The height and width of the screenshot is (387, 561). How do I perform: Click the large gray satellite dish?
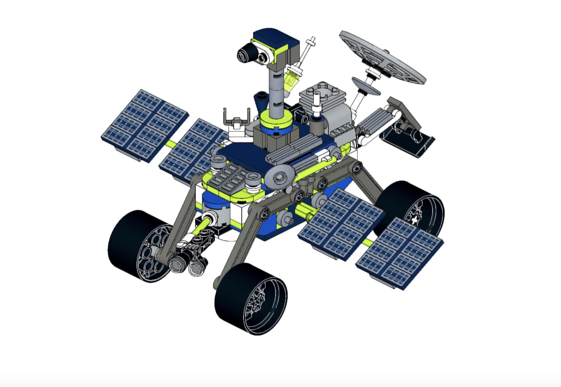click(381, 57)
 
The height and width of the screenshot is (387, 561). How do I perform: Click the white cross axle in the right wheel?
click(415, 220)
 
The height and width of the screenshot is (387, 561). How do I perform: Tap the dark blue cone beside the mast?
click(261, 101)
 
